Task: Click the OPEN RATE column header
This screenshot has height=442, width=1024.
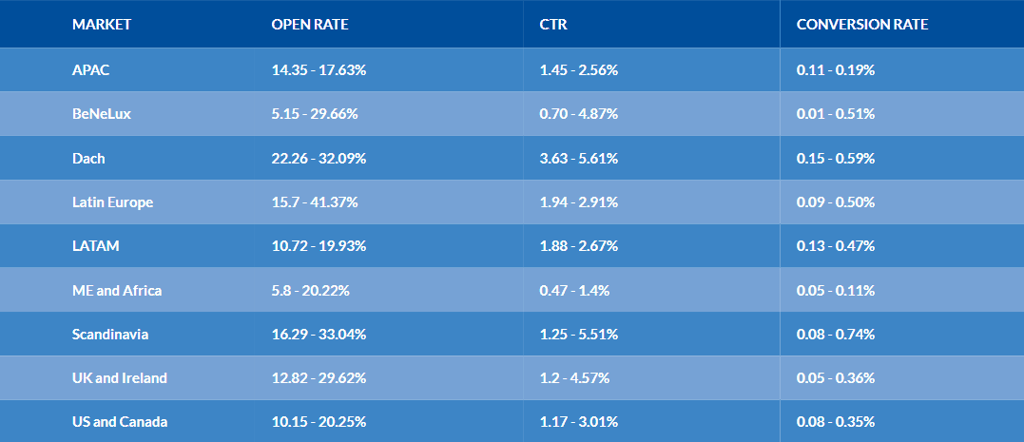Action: click(x=310, y=25)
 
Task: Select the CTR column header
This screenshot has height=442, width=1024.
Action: click(x=553, y=25)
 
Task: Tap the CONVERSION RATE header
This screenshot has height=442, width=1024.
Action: click(x=862, y=25)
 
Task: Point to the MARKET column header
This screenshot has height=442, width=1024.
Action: click(x=101, y=25)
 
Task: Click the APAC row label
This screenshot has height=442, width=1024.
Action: click(x=90, y=69)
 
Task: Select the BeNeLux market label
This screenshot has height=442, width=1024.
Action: click(x=101, y=114)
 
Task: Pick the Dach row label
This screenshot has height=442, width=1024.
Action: click(x=88, y=158)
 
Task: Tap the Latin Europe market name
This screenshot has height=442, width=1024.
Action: click(x=112, y=202)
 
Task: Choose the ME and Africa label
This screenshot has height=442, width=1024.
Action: click(x=117, y=291)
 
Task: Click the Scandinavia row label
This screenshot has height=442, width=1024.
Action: click(x=110, y=335)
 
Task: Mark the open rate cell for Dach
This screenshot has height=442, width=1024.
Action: click(x=319, y=158)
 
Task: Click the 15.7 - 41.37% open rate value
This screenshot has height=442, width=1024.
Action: click(x=315, y=202)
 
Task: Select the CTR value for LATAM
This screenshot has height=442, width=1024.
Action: click(x=579, y=246)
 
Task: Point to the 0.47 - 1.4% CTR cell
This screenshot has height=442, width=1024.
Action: click(x=574, y=291)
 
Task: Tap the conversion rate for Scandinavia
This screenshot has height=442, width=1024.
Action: click(x=836, y=335)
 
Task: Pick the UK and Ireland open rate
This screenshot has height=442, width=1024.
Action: click(x=319, y=378)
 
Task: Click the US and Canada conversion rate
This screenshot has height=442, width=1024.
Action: click(x=836, y=422)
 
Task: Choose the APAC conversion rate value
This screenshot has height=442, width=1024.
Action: click(x=836, y=69)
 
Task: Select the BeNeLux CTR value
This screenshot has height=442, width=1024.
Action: click(x=579, y=114)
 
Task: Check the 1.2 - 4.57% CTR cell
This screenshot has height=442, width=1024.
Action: click(x=574, y=378)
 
